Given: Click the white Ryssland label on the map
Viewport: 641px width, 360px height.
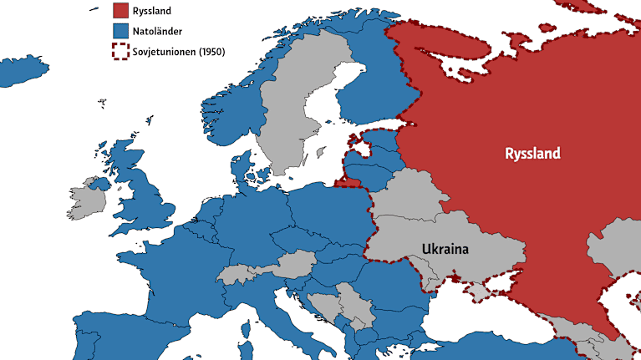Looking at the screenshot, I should point(532,154).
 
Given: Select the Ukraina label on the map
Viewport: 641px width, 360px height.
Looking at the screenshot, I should point(445,249).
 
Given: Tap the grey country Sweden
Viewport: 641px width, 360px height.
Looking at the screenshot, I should point(288,125).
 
